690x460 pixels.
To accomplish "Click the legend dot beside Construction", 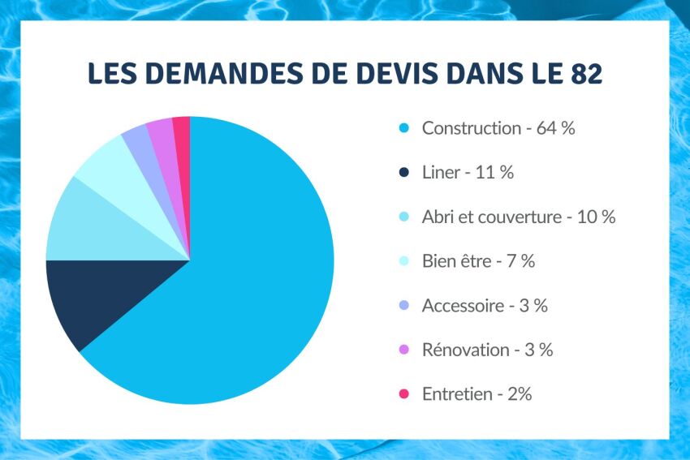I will pyautogui.click(x=403, y=128).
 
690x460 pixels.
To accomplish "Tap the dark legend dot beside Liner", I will pyautogui.click(x=403, y=173).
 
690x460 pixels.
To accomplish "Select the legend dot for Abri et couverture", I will pyautogui.click(x=403, y=217).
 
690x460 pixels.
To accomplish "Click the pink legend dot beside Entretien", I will pyautogui.click(x=403, y=395).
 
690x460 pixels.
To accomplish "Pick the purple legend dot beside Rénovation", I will pyautogui.click(x=403, y=350).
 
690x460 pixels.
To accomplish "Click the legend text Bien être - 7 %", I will pyautogui.click(x=478, y=261).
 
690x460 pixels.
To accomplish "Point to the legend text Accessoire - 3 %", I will pyautogui.click(x=485, y=306).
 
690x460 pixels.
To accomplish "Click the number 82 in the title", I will pyautogui.click(x=584, y=73).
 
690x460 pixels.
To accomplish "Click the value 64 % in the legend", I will pyautogui.click(x=555, y=128).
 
